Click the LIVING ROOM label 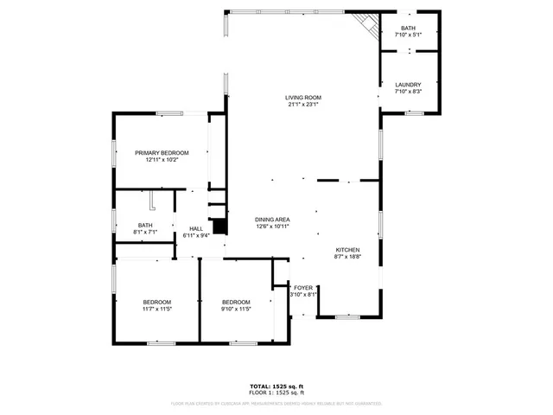303,97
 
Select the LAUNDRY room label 408,84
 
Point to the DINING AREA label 271,220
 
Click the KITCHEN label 347,249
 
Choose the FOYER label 303,287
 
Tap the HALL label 196,228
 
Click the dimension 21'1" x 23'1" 303,105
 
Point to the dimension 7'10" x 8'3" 408,91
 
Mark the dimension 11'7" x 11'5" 156,309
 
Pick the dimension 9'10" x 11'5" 236,309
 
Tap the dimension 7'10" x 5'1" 408,35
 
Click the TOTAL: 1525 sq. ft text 276,386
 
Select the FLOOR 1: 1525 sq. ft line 276,393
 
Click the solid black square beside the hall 220,227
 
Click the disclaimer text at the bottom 276,403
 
